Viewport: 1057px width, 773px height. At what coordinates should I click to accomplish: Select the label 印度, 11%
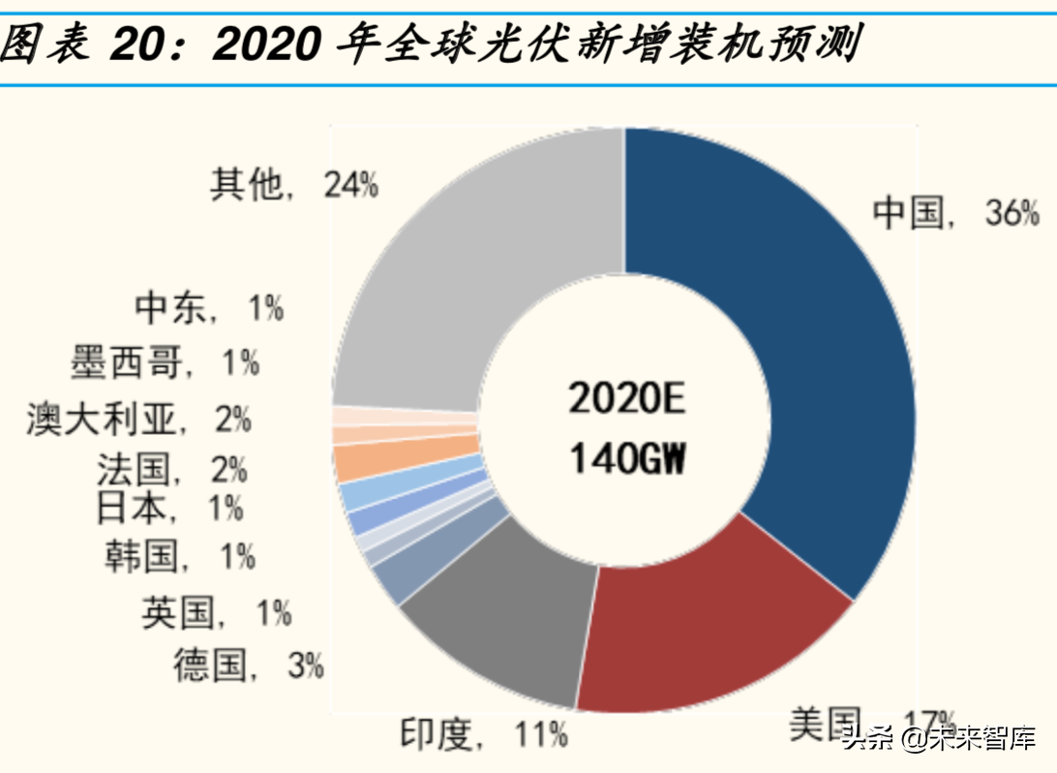pyautogui.click(x=483, y=735)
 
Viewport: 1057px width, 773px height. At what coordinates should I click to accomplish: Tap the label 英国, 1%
pyautogui.click(x=216, y=612)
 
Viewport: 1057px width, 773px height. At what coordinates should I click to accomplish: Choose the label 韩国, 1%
pyautogui.click(x=180, y=556)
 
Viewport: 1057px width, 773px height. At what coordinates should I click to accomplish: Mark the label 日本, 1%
pyautogui.click(x=169, y=507)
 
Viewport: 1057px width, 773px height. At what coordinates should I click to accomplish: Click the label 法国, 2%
pyautogui.click(x=171, y=470)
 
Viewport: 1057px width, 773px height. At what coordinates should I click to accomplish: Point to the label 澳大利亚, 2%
pyautogui.click(x=138, y=419)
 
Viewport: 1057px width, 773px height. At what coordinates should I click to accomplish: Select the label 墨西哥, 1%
pyautogui.click(x=165, y=363)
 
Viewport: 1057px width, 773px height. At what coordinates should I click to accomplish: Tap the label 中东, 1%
pyautogui.click(x=209, y=308)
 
